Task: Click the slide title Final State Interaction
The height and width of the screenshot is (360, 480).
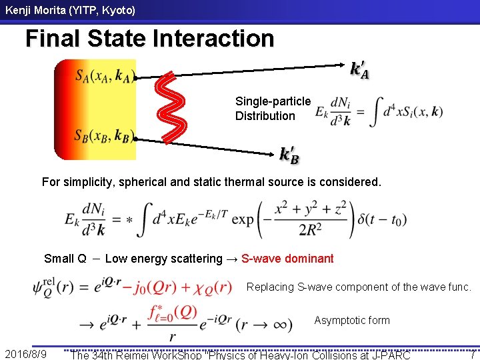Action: coord(149,39)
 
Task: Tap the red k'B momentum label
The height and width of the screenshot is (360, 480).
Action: coord(289,155)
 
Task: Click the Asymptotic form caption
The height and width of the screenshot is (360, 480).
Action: coord(351,321)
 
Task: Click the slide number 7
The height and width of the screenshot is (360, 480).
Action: coord(471,354)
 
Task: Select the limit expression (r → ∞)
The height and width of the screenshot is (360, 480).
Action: coord(264,325)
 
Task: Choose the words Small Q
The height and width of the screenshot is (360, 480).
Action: coord(65,259)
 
